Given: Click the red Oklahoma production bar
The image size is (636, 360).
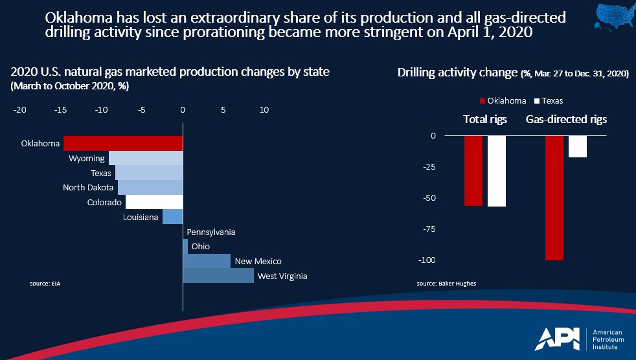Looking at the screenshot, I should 123,143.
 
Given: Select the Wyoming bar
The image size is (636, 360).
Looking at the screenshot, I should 146,159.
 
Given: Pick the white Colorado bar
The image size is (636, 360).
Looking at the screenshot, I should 154,202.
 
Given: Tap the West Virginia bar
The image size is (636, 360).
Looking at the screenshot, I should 218,276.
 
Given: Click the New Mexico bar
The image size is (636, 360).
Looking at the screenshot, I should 207,261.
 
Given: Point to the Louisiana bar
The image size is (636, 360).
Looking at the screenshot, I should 172,217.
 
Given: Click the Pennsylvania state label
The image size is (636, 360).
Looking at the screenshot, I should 210,232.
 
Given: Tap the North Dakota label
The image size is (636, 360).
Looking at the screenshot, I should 88,188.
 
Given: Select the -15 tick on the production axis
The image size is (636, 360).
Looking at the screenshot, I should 61,110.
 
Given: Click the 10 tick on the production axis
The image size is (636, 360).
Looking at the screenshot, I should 264,110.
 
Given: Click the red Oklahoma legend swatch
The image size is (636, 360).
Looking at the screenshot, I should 482,101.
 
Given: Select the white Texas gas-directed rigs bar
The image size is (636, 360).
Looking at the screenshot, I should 578,146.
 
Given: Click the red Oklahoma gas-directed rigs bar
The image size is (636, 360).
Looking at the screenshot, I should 554,197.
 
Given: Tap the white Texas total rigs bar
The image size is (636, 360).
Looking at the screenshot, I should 497,171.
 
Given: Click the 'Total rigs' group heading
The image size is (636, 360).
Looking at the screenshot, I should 485,120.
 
